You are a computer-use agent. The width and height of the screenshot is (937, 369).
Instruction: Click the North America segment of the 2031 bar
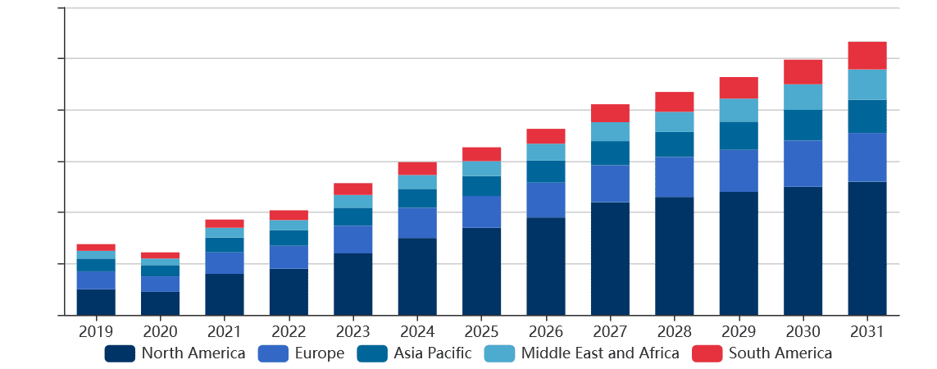point(866,248)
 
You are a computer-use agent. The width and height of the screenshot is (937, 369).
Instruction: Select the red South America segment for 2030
point(803,71)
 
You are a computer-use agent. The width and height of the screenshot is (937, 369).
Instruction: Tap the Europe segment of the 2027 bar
point(610,184)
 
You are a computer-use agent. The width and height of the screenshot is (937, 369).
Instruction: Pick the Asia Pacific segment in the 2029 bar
point(739,135)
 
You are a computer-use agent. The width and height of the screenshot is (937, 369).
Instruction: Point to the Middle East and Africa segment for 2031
point(866,84)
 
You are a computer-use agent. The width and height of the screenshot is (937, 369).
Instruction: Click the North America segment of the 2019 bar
point(96,302)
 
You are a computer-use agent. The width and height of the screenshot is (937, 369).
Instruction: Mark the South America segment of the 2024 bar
point(417,168)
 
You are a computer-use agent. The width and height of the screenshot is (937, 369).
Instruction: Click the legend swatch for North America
point(120,353)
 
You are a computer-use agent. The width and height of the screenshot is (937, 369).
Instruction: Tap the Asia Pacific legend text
point(432,353)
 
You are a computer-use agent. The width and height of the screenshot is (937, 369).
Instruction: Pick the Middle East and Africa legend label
point(599,353)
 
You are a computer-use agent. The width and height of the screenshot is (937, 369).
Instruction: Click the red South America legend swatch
point(707,353)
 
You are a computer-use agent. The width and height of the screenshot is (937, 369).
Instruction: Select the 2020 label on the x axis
point(161,332)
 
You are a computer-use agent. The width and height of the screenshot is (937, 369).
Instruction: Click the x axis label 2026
point(546,332)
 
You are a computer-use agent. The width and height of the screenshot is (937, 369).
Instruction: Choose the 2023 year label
point(353,332)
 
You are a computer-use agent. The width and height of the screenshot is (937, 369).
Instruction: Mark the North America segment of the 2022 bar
point(289,291)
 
